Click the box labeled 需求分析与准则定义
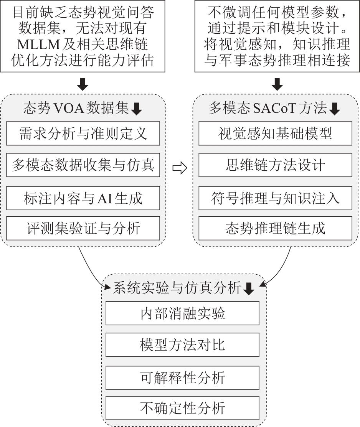click(x=83, y=134)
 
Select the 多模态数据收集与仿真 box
click(x=83, y=165)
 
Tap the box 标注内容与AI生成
click(x=83, y=198)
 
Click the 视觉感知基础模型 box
click(x=275, y=134)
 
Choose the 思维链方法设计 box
click(x=275, y=165)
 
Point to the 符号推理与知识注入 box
click(x=275, y=198)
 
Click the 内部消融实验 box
click(x=182, y=313)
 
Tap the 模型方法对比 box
click(x=182, y=345)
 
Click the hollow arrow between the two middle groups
click(x=179, y=168)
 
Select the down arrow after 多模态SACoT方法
click(x=335, y=110)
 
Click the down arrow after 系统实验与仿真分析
click(x=249, y=289)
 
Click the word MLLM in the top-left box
click(x=38, y=45)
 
